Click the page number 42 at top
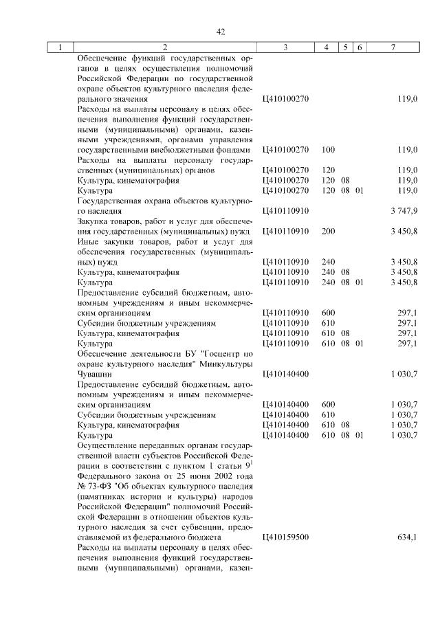coord(221,32)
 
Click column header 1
coord(60,47)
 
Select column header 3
coord(285,47)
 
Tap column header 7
coord(392,47)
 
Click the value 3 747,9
coord(404,212)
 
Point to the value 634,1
coord(408,537)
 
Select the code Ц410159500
coord(286,537)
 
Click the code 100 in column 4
coord(328,148)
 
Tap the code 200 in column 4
coord(328,232)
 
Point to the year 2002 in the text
coord(219,476)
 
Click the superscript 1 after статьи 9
coord(252,462)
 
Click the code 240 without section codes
coord(328,262)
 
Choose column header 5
coord(348,47)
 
